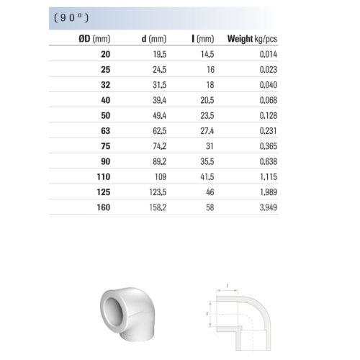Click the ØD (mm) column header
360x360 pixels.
(x=94, y=39)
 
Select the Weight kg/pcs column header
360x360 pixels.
(x=252, y=39)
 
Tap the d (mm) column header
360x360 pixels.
(x=154, y=39)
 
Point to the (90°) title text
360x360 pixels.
(x=71, y=18)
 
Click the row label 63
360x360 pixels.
(x=106, y=131)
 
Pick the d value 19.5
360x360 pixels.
(x=160, y=54)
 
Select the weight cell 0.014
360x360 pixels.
(x=269, y=54)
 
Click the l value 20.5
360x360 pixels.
(x=207, y=100)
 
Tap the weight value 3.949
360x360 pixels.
(x=269, y=207)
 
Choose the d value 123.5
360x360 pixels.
(x=158, y=192)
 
